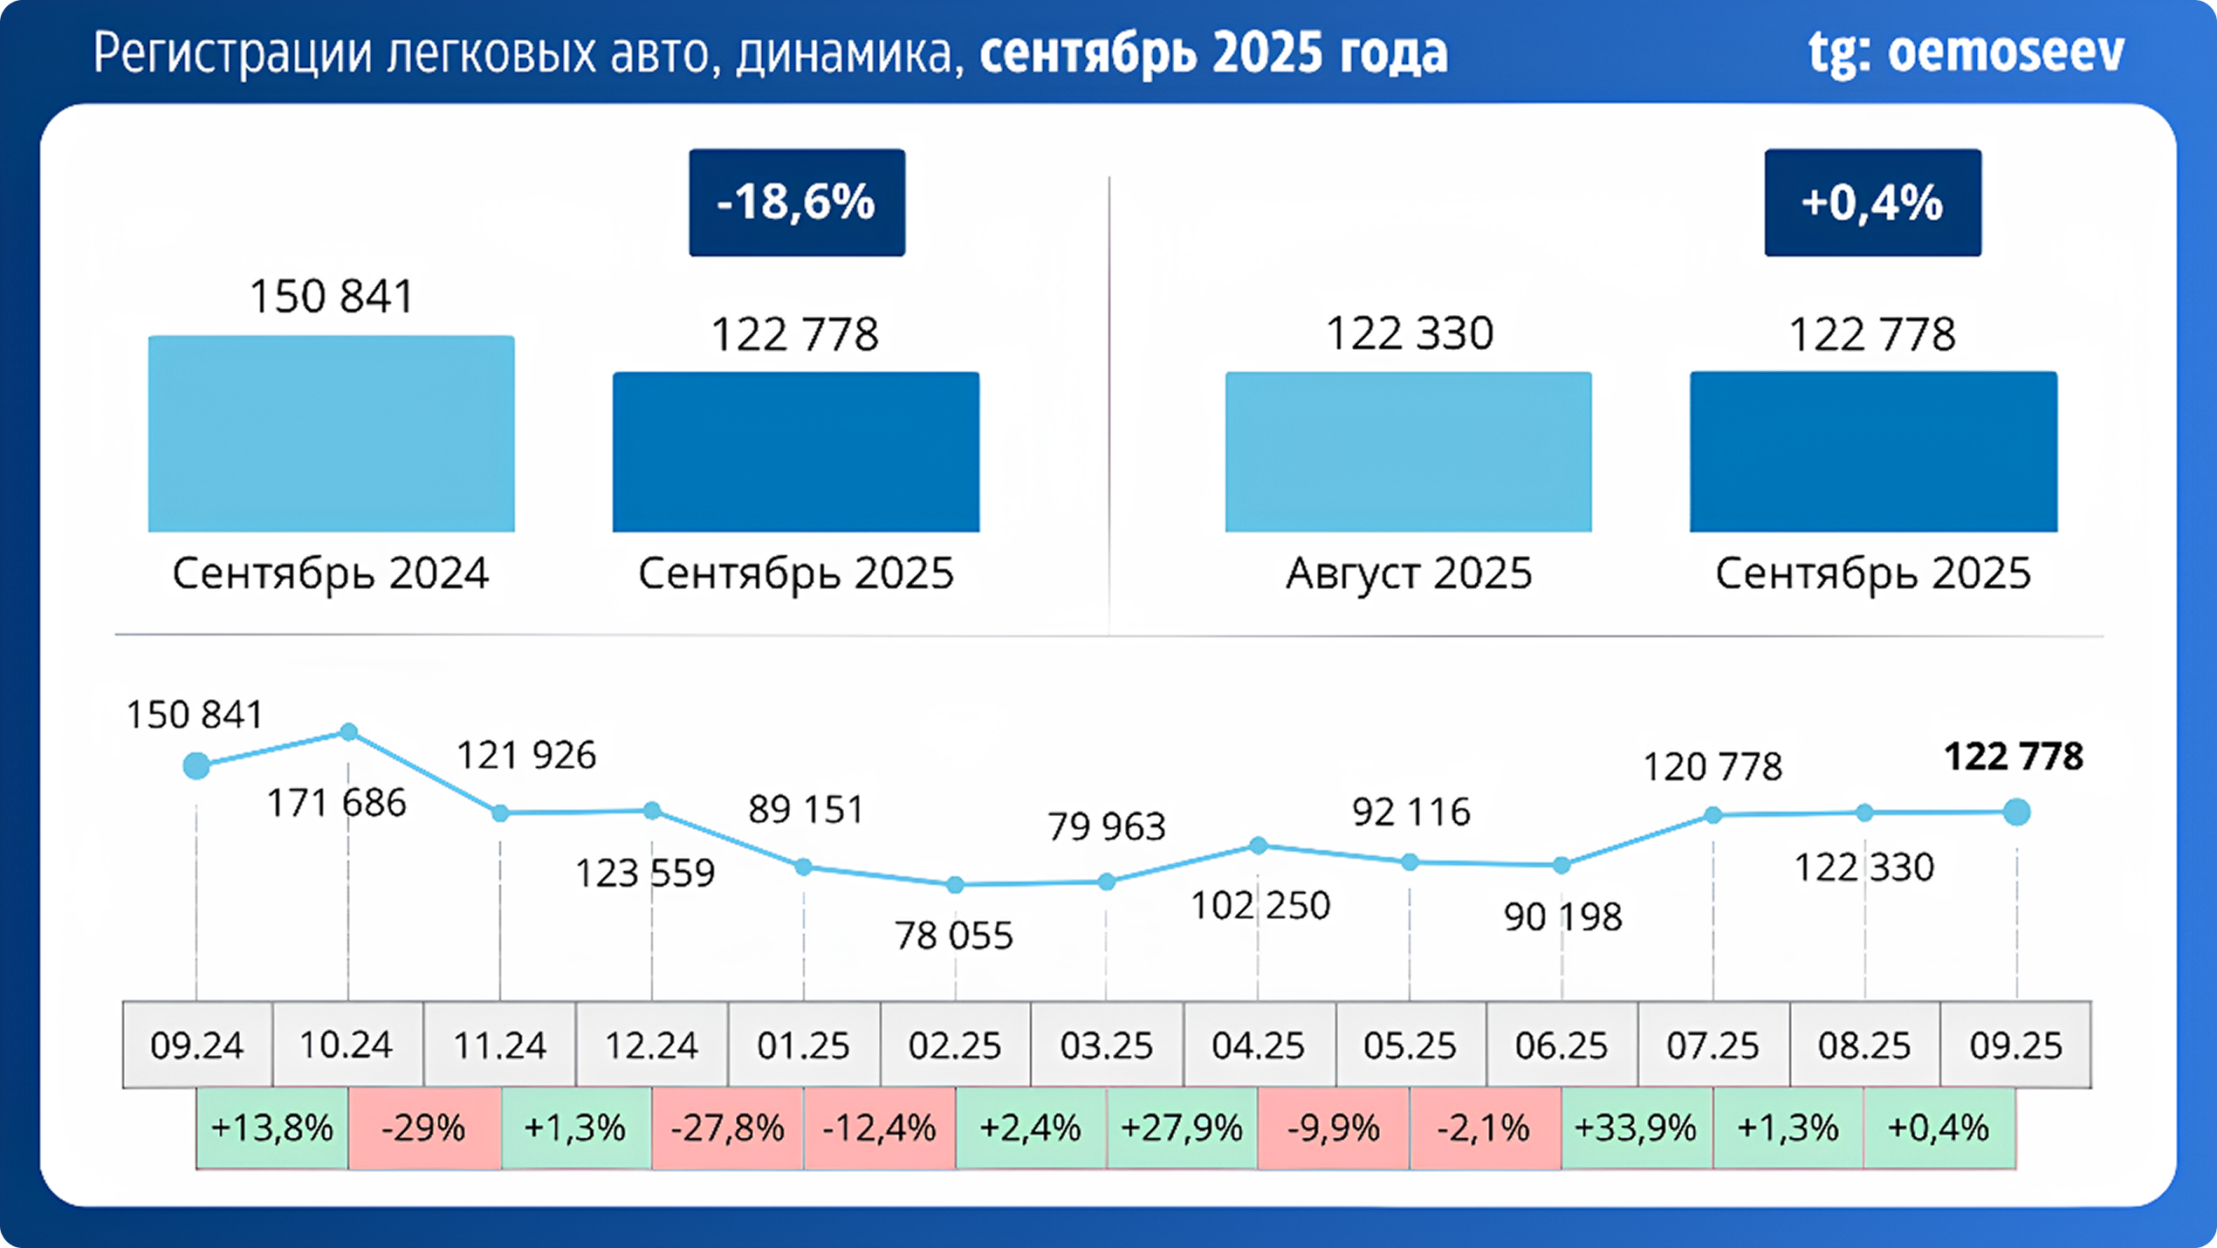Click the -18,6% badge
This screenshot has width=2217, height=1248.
point(796,202)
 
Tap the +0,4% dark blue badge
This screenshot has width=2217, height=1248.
point(1872,202)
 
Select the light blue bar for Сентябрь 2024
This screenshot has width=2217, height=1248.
point(331,434)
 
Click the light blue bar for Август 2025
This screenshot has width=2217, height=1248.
point(1408,452)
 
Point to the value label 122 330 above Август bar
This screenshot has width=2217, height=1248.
point(1410,333)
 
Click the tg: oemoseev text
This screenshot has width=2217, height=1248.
point(1966,52)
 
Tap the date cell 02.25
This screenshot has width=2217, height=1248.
point(955,1045)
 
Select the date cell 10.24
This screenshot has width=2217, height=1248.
point(347,1045)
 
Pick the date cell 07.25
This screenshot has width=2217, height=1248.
point(1713,1045)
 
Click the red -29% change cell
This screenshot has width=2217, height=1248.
point(424,1128)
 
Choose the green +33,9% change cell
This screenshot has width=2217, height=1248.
point(1635,1128)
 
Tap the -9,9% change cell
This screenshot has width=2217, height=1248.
point(1334,1128)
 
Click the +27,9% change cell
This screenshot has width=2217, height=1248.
point(1181,1128)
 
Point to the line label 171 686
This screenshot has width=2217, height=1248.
point(336,803)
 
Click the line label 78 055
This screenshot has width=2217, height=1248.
point(954,936)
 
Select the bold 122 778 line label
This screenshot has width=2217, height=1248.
point(2014,757)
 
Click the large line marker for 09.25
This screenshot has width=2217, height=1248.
point(2016,813)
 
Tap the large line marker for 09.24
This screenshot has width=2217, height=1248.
point(196,766)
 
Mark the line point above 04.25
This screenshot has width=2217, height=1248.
point(1258,846)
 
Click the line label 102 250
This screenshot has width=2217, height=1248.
point(1260,906)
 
